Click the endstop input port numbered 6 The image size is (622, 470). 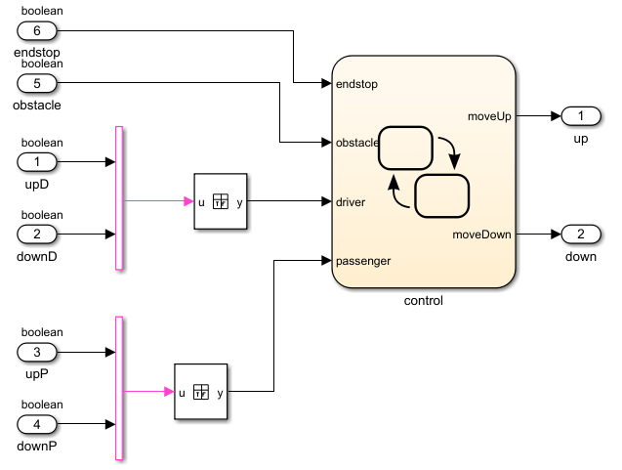point(37,30)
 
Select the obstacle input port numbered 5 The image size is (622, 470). point(37,84)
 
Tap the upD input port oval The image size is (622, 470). point(37,161)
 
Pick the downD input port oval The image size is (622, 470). point(37,235)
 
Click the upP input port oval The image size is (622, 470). point(37,352)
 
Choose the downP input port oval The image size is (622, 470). point(37,424)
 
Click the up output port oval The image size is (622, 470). point(580,116)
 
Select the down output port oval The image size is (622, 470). point(580,235)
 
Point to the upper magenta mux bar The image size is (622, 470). point(119,197)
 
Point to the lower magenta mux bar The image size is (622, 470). point(119,388)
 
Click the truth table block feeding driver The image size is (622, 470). point(221,201)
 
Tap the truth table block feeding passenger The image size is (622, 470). point(201,392)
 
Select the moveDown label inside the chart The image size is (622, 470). point(483,235)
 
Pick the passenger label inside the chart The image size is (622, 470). point(363,261)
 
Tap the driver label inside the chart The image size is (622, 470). point(352,202)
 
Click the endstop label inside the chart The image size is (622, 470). point(356,84)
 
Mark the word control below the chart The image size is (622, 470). point(423,301)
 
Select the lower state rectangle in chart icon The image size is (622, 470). point(442,195)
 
